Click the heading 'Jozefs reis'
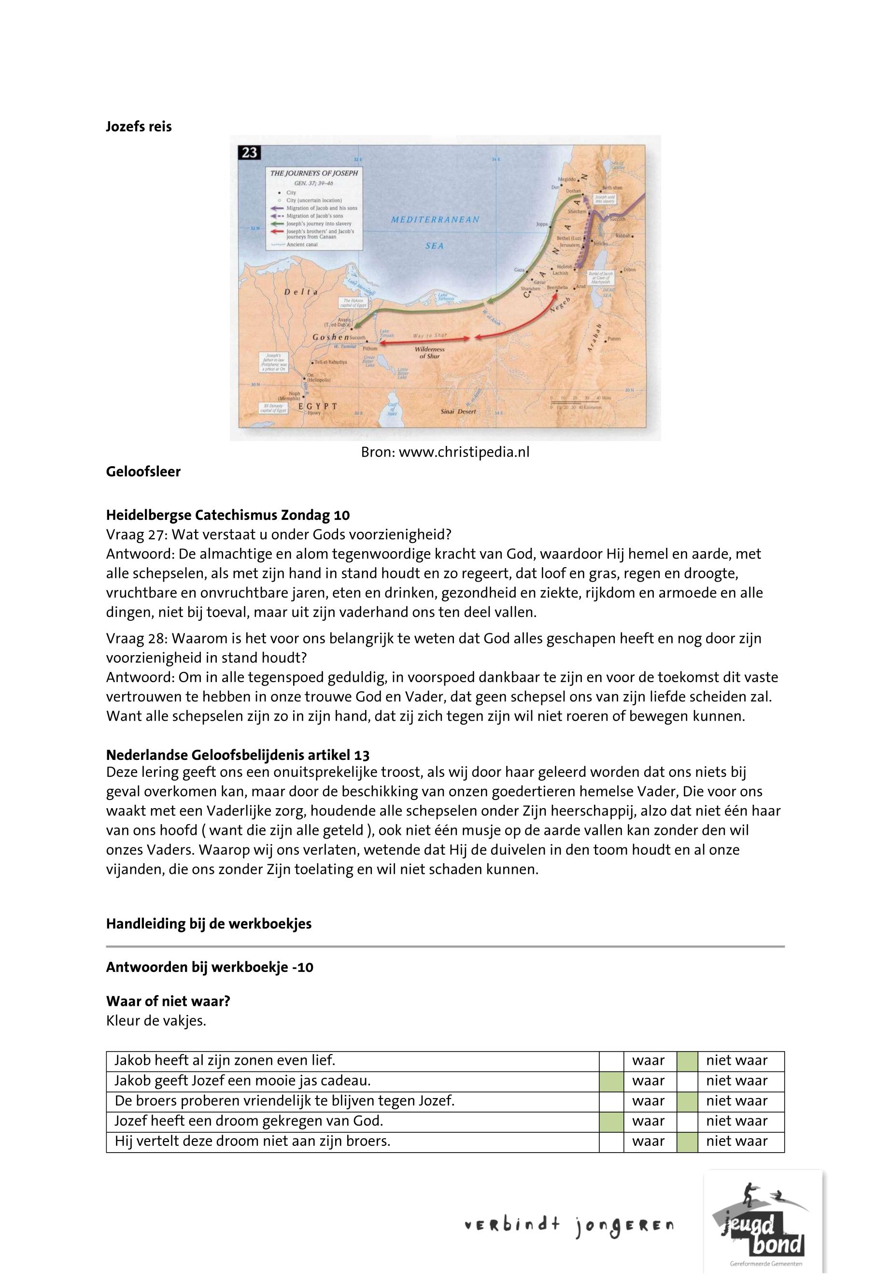click(x=139, y=127)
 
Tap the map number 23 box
click(x=250, y=153)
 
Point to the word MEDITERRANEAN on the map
click(x=435, y=219)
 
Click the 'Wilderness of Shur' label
click(x=429, y=352)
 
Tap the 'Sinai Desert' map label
click(x=459, y=411)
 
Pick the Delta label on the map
click(x=300, y=292)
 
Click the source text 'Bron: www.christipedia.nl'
click(x=445, y=452)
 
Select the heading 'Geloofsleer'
click(x=143, y=472)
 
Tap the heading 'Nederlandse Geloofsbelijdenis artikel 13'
click(x=237, y=755)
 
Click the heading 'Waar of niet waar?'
click(x=168, y=1001)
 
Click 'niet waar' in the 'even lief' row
click(x=736, y=1060)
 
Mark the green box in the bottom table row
click(x=687, y=1141)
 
